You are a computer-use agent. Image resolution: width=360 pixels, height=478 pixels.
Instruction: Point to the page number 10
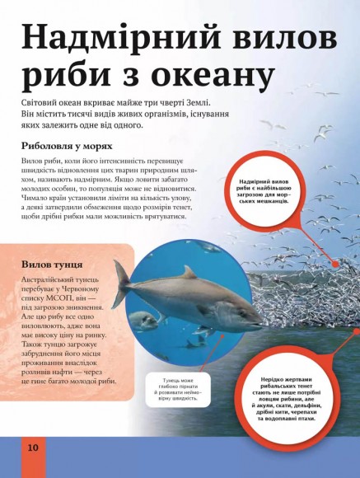[x=32, y=447]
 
